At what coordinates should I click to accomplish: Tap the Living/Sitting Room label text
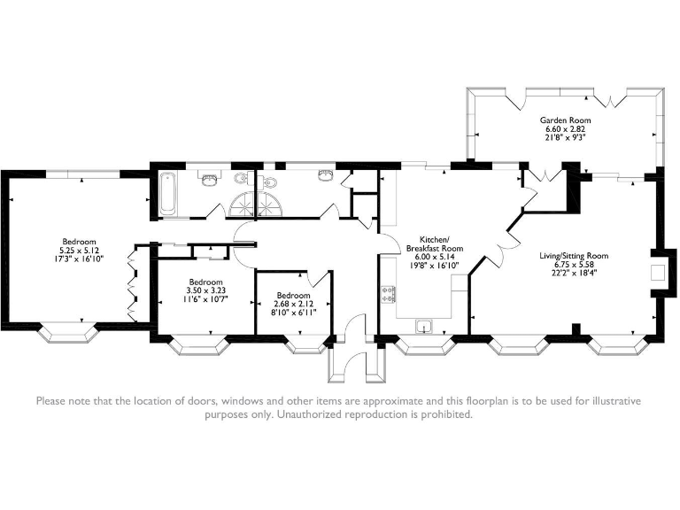tap(574, 256)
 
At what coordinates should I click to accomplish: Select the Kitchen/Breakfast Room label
tap(434, 243)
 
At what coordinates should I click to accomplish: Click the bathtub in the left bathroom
tap(168, 193)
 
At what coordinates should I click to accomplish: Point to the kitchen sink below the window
tap(424, 326)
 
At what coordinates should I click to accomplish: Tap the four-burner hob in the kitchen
tap(388, 294)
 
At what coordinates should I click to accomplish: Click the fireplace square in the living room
tap(658, 273)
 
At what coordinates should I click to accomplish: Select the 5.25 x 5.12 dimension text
tap(79, 251)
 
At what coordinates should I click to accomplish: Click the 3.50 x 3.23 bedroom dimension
tap(206, 290)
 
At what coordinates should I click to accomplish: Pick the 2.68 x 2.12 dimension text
tap(294, 304)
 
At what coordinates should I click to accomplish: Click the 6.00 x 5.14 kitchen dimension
tap(434, 257)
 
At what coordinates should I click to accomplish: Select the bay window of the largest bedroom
tap(67, 333)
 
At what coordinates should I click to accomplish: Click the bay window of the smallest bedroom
tap(306, 344)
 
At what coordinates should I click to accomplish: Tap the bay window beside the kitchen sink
tap(425, 345)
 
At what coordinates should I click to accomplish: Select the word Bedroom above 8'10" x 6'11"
tap(294, 296)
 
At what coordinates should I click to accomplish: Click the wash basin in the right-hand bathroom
tap(325, 175)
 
